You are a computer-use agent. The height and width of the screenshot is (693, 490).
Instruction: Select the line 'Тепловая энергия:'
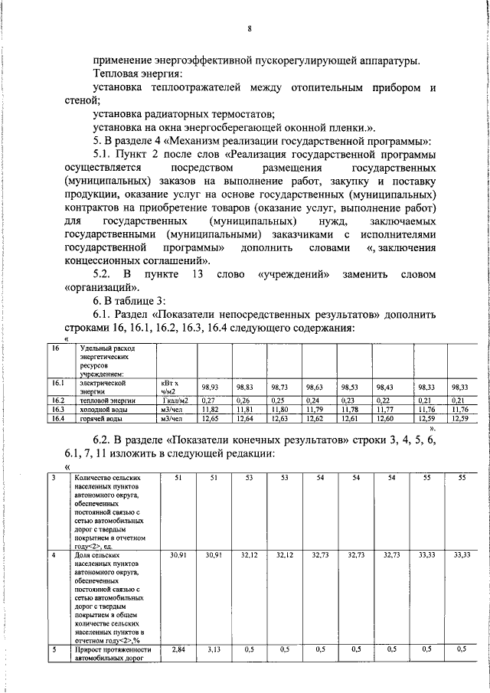[x=137, y=74]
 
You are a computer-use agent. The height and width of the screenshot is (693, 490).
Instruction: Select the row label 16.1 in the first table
[x=57, y=382]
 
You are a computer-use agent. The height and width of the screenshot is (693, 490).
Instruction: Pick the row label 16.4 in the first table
[x=57, y=418]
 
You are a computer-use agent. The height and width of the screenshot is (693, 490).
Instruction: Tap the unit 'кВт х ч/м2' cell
[x=171, y=386]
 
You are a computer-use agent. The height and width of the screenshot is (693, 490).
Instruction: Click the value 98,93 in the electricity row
[x=210, y=387]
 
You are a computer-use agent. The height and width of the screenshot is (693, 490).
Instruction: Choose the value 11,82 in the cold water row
[x=210, y=409]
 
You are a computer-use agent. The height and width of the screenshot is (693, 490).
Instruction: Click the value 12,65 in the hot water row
[x=210, y=418]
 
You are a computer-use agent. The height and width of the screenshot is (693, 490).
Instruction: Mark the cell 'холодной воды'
[x=109, y=409]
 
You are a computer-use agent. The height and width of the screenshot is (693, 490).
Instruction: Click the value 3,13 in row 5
[x=213, y=649]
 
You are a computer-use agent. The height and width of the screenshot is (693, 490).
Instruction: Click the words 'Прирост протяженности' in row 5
[x=113, y=649]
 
